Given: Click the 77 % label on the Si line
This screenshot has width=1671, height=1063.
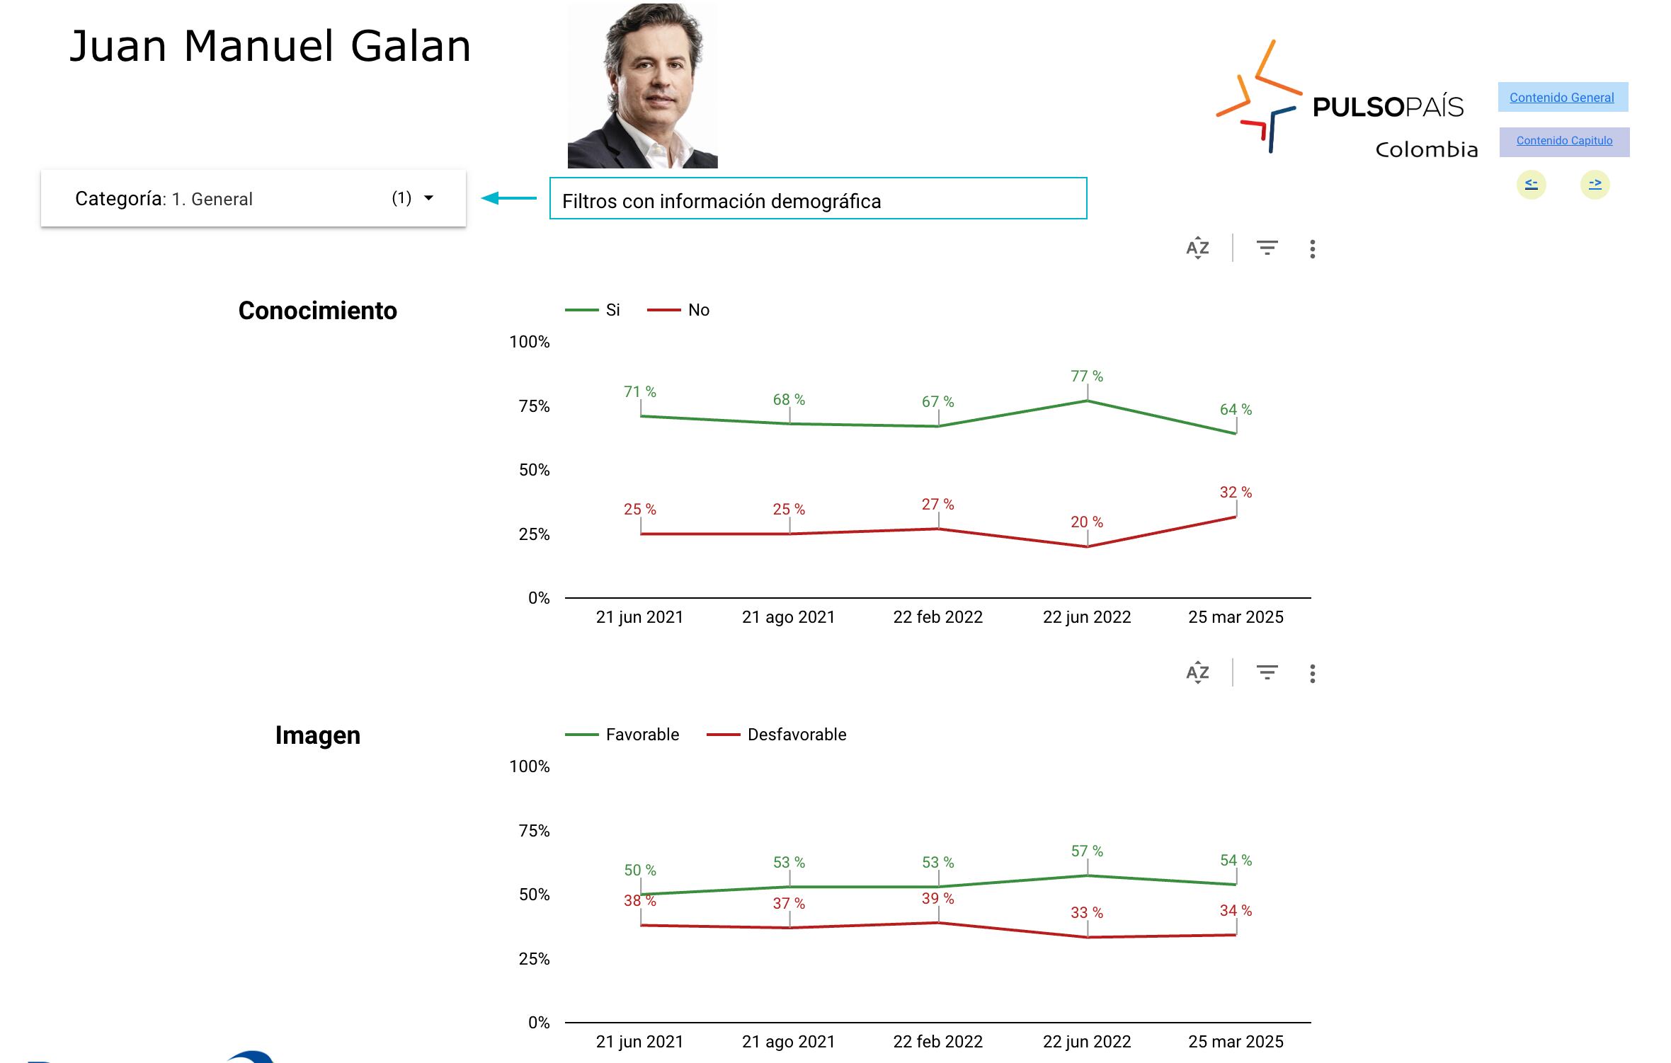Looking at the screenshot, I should tap(1086, 377).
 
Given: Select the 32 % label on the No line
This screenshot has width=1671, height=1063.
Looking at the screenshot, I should tap(1236, 493).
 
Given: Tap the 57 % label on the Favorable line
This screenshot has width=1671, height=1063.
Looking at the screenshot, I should tap(1086, 851).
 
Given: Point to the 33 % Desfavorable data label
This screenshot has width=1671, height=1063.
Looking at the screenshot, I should tap(1086, 913).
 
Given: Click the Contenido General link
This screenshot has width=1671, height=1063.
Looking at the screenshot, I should tap(1562, 98).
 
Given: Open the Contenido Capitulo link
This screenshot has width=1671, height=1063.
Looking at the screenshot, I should tap(1564, 141).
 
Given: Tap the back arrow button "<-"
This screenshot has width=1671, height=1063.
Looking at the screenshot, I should tap(1531, 185).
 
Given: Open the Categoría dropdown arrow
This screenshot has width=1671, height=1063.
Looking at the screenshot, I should tap(428, 198).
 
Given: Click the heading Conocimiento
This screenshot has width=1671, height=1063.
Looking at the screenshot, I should tap(317, 311).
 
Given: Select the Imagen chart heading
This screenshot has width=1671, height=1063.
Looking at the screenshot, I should tap(317, 735).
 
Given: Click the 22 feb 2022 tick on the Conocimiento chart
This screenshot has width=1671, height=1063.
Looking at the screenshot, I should tap(937, 617).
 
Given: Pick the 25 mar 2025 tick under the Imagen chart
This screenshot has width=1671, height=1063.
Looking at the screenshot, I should tap(1236, 1042).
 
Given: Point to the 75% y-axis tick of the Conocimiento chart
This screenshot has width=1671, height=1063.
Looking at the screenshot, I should tap(534, 406).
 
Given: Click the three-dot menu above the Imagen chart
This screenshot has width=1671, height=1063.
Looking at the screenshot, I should tap(1312, 674).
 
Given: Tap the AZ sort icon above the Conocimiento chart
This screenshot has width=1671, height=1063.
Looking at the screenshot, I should tap(1197, 248).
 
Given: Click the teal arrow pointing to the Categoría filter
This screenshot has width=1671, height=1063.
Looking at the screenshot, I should tap(508, 199).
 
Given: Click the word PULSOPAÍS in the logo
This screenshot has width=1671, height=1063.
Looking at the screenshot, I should tap(1388, 108).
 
